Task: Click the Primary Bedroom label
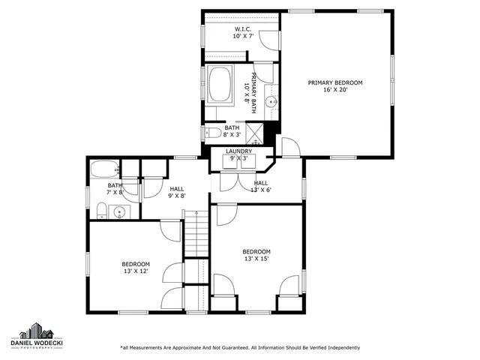(335, 82)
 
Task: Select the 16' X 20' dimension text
(335, 89)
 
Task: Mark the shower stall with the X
(256, 133)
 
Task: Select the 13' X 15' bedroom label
(256, 255)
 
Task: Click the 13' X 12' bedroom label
(136, 268)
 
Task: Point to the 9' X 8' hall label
(177, 193)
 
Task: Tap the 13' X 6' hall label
(261, 186)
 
